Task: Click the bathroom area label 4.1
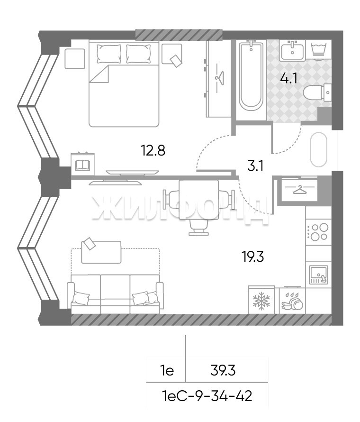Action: pos(288,78)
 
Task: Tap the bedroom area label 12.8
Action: pos(153,150)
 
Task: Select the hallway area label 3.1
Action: pos(255,166)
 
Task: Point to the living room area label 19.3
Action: pos(253,257)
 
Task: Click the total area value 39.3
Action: pos(223,371)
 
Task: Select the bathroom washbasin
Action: pos(292,51)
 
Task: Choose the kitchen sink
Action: pos(319,275)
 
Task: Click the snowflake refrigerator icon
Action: pos(261,301)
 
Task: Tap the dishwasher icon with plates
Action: pos(292,301)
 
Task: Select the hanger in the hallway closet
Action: pos(300,190)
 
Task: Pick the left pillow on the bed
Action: pos(108,54)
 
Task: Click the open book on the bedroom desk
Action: pos(83,165)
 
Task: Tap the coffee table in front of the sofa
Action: pos(101,252)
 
